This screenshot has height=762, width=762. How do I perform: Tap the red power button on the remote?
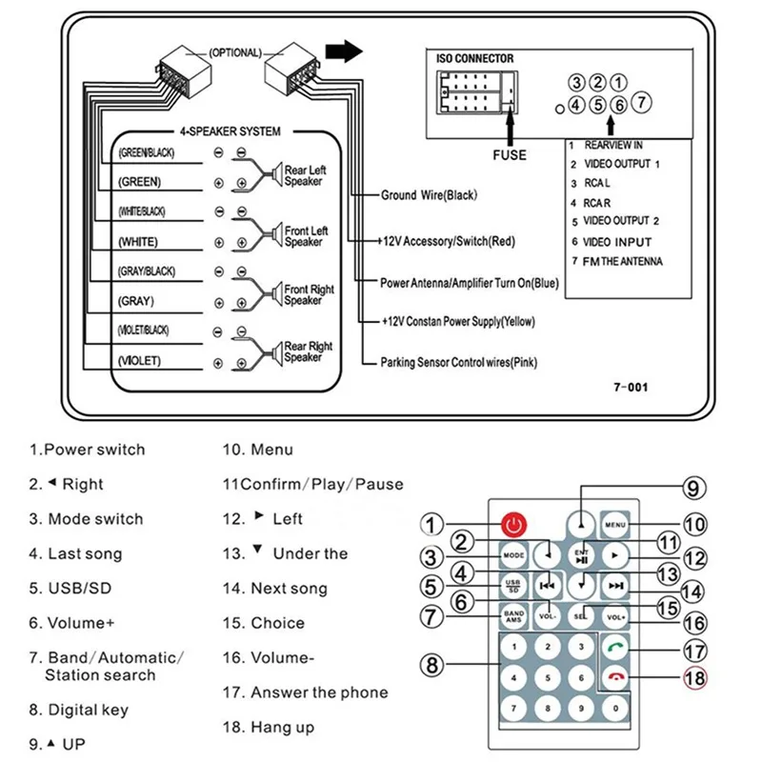513,525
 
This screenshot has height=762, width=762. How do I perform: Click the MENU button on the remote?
615,525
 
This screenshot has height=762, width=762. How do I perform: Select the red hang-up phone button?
615,677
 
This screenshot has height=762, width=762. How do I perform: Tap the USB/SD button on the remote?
513,586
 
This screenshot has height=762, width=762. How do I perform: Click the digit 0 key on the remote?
615,708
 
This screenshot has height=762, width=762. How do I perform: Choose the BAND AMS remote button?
513,616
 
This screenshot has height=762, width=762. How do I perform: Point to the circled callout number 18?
695,678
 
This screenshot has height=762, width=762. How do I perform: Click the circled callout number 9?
694,488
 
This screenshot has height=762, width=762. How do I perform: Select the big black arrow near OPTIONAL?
344,51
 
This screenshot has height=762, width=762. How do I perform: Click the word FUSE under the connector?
510,155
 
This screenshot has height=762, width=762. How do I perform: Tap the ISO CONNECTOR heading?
474,59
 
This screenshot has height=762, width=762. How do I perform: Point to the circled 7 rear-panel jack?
641,103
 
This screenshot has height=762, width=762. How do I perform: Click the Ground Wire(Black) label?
429,195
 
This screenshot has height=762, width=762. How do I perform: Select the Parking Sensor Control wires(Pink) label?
458,363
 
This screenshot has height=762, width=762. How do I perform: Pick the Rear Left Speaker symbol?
277,174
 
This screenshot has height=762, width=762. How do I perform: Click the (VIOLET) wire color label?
139,361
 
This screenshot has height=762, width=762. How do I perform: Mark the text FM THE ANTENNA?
622,261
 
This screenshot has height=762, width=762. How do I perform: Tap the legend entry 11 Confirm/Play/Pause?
313,484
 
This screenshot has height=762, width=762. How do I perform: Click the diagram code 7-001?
631,388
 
